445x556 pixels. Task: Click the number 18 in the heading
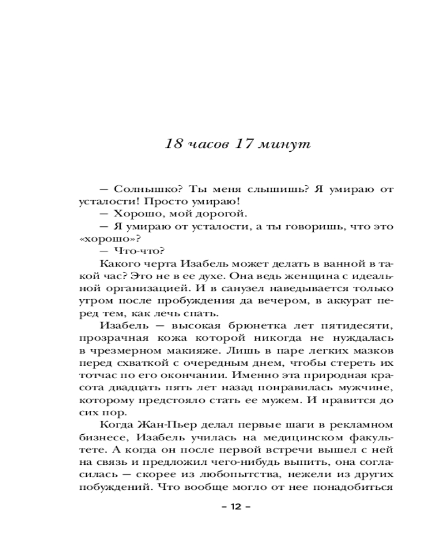click(x=175, y=144)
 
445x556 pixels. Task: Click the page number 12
click(x=237, y=507)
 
